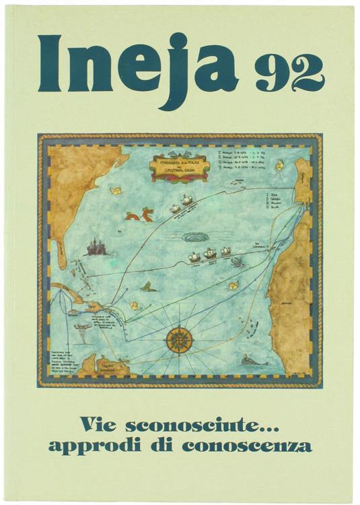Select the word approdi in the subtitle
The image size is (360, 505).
click(x=102, y=445)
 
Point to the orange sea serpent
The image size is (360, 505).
click(x=139, y=215)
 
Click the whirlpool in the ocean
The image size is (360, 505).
click(x=195, y=237)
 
